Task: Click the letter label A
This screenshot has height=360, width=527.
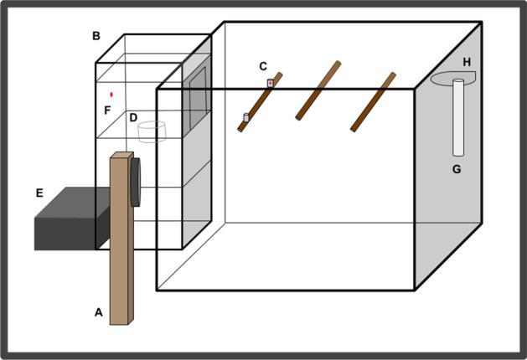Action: pos(98,312)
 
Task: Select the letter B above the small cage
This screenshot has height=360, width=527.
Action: pos(96,36)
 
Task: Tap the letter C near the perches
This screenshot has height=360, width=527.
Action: pos(263,66)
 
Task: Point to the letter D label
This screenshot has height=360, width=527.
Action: pos(133,118)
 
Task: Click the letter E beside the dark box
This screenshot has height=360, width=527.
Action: pos(39,193)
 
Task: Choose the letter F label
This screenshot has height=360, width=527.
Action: pos(107,110)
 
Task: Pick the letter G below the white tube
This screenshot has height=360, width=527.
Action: pos(457,169)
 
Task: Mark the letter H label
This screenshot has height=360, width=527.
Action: pos(467,62)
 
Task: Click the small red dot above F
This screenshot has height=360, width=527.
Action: pos(111,95)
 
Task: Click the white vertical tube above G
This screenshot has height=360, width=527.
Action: pos(458,117)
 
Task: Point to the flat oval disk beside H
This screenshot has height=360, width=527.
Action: pos(452,79)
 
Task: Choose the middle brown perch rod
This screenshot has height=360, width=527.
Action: pos(318,90)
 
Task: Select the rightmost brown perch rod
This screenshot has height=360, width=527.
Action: pos(373,101)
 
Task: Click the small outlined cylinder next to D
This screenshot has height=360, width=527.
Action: pos(152,131)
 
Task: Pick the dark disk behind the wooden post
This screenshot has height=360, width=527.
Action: pos(136,180)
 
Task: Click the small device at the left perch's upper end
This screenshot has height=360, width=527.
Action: pos(270,83)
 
